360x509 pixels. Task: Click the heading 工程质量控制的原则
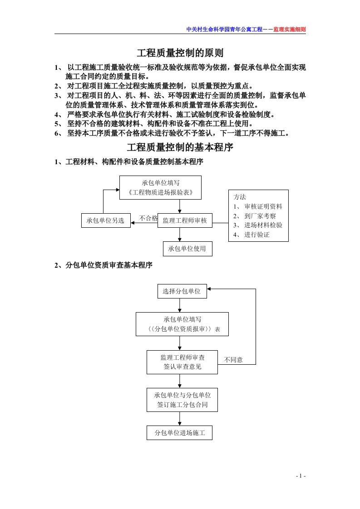180,54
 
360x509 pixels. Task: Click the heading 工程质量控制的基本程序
180,148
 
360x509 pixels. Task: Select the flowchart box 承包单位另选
106,220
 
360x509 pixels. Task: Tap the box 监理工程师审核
184,220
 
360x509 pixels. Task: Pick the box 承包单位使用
187,249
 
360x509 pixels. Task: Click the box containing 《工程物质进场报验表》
160,187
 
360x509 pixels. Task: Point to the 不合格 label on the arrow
148,218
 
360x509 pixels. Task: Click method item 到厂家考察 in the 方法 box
260,216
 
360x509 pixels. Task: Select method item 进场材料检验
263,225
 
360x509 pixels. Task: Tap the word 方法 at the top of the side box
240,197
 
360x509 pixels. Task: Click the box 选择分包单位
182,291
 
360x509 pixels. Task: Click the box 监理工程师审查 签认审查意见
182,362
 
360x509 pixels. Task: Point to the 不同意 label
233,360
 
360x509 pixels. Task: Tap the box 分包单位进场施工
180,433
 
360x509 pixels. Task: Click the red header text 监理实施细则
290,29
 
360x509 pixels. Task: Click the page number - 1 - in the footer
301,475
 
